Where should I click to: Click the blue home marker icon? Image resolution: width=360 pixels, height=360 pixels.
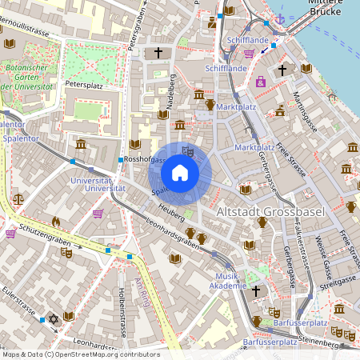pyautogui.click(x=180, y=173)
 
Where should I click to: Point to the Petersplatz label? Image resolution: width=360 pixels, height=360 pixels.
pyautogui.click(x=85, y=83)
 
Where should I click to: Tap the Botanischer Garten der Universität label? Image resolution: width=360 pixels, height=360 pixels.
pyautogui.click(x=28, y=75)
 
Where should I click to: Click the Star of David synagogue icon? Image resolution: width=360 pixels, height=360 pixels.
pyautogui.click(x=54, y=318)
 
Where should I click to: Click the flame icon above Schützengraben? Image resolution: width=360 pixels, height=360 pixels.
pyautogui.click(x=55, y=222)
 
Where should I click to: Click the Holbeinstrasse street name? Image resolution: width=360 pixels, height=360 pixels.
pyautogui.click(x=122, y=312)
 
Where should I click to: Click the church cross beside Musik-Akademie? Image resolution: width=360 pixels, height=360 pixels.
pyautogui.click(x=256, y=290)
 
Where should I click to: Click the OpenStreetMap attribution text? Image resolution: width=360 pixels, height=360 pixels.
pyautogui.click(x=80, y=354)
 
